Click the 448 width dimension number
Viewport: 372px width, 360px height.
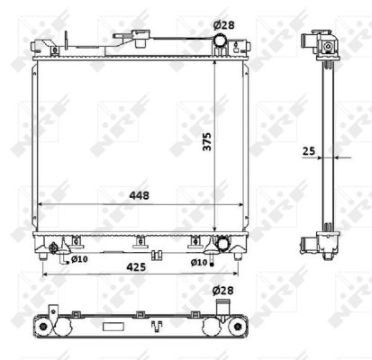point(139,195)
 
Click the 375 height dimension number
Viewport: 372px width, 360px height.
point(207,141)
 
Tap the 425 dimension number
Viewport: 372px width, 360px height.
point(136,266)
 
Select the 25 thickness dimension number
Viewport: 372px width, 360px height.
point(309,151)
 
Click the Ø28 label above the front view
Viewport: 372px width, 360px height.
point(223,25)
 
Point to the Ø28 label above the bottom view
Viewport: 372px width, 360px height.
point(222,291)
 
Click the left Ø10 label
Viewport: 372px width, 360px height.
point(79,259)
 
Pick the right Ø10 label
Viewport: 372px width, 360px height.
point(199,263)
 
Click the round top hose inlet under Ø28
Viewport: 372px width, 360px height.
point(220,40)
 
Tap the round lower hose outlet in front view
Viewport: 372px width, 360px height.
point(223,243)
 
